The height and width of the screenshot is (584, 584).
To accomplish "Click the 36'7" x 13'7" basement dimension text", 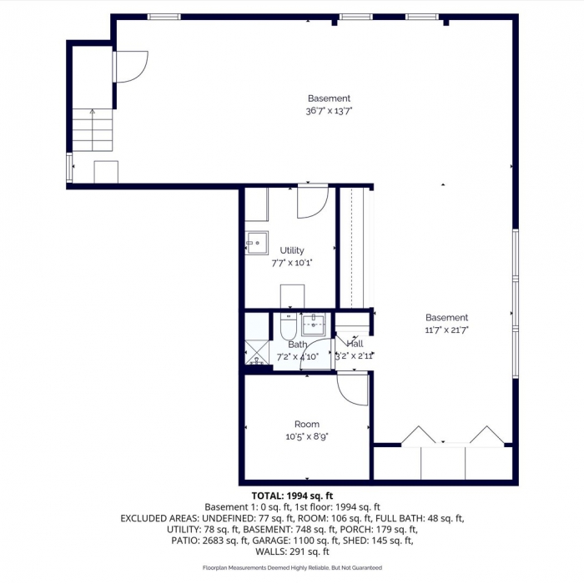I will (329, 110).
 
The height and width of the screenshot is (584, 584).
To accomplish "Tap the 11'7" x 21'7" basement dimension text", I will (446, 330).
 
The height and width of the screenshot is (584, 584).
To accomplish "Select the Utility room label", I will (292, 250).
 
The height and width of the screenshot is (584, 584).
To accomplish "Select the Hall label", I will (355, 344).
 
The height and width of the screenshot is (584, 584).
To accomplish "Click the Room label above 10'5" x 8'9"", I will (306, 425).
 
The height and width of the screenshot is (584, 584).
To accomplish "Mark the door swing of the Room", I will (355, 389).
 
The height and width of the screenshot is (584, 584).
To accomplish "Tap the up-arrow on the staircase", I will (92, 111).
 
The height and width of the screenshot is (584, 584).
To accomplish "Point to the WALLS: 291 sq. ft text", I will (291, 551).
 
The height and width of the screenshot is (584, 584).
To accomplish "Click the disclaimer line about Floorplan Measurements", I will (291, 567).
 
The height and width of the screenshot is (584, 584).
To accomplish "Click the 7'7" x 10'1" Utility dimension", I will (292, 262).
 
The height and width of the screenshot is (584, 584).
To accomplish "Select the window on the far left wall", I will (68, 167).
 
